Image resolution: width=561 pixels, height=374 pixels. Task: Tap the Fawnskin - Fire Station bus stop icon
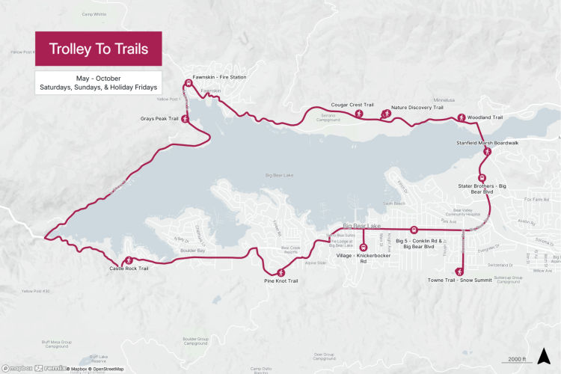pyautogui.click(x=188, y=84)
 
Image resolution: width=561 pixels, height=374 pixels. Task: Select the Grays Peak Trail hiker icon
pyautogui.click(x=185, y=119)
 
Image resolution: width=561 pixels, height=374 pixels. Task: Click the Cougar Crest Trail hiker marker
pyautogui.click(x=359, y=114)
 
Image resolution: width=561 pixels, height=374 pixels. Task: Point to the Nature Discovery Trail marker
pyautogui.click(x=386, y=114)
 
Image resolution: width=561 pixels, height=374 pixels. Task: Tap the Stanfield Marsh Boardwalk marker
pyautogui.click(x=488, y=151)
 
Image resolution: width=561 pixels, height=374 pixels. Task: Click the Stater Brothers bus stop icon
pyautogui.click(x=482, y=179)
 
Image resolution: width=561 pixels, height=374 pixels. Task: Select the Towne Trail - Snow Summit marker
pyautogui.click(x=459, y=271)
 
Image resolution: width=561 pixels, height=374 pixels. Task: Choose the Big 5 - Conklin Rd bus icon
pyautogui.click(x=413, y=230)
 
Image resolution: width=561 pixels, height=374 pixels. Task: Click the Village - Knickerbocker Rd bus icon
pyautogui.click(x=364, y=246)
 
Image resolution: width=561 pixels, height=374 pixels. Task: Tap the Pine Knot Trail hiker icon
pyautogui.click(x=280, y=272)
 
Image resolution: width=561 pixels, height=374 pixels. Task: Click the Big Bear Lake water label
pyautogui.click(x=280, y=175)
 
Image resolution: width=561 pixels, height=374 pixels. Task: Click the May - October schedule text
pyautogui.click(x=98, y=78)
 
